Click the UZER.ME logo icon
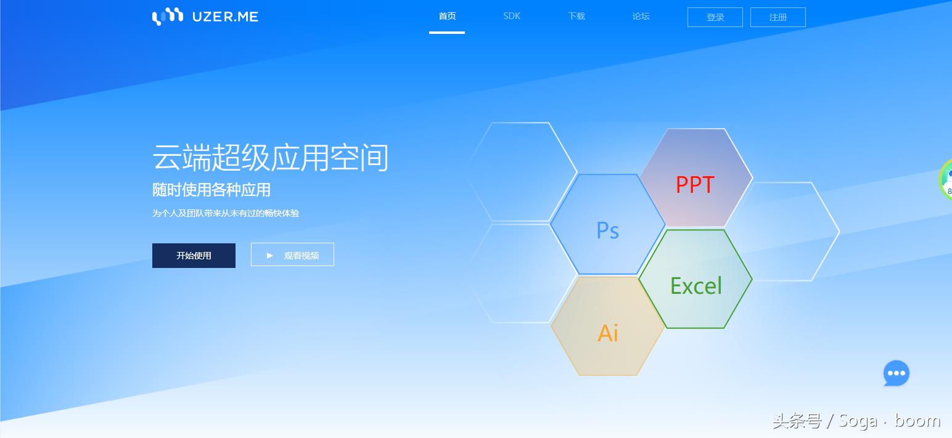point(168,17)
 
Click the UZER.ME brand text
point(225,17)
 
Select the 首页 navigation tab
point(447,16)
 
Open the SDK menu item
point(512,16)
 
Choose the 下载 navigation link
point(577,16)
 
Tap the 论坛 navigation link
point(641,16)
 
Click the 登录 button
point(715,17)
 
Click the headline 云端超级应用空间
point(270,158)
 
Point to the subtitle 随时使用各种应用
point(211,190)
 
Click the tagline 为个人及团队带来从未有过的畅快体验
point(226,213)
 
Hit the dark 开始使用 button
point(194,256)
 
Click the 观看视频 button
point(292,254)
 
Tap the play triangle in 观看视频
point(269,256)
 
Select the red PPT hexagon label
point(695,185)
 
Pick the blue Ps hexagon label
point(608,230)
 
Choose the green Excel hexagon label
point(696,286)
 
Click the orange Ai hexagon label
point(608,333)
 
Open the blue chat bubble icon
point(897,373)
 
